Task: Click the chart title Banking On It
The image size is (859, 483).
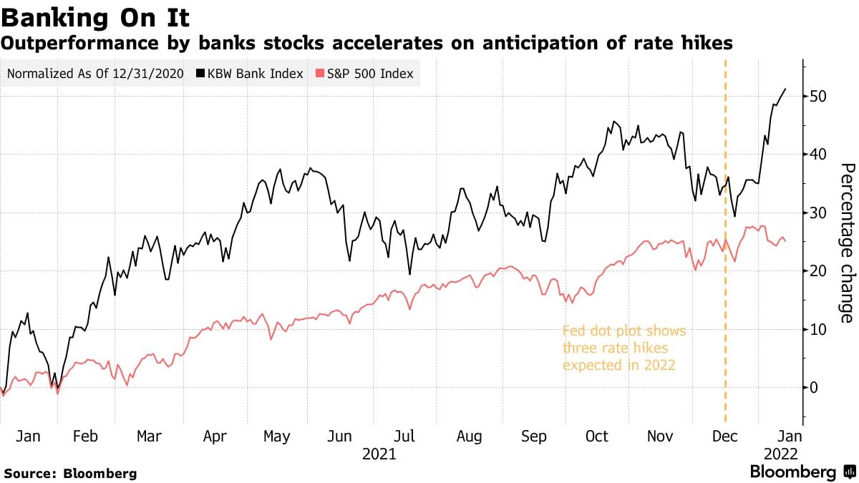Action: click(96, 16)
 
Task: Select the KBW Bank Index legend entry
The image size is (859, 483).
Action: click(250, 74)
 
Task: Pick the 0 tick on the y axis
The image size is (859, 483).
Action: click(814, 388)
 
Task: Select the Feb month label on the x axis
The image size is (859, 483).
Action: click(85, 436)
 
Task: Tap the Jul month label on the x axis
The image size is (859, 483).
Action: click(405, 436)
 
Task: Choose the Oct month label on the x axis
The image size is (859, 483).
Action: click(596, 436)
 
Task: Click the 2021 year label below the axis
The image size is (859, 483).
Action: click(379, 454)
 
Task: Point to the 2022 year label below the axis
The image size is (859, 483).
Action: click(780, 454)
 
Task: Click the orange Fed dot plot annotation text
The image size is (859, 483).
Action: click(623, 348)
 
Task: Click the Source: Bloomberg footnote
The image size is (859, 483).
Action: click(69, 474)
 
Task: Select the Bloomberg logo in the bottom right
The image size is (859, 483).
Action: click(802, 472)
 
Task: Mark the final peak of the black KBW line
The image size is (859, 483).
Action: click(785, 89)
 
